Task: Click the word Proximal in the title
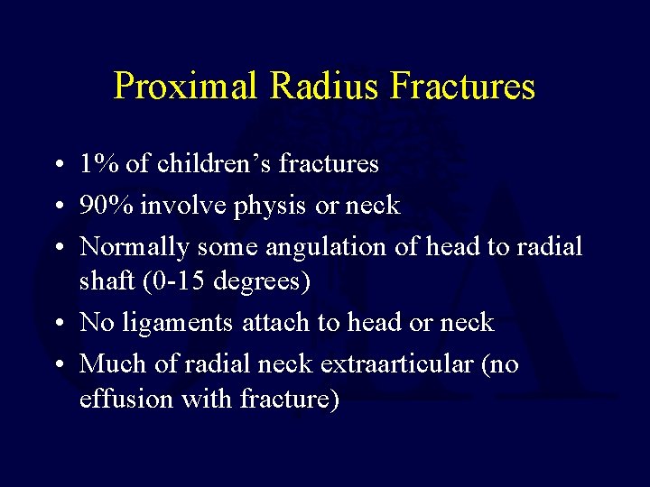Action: pyautogui.click(x=186, y=87)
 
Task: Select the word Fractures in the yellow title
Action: pyautogui.click(x=464, y=87)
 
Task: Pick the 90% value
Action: pyautogui.click(x=104, y=206)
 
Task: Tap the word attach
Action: pyautogui.click(x=274, y=322)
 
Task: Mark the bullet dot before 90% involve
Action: pyautogui.click(x=57, y=207)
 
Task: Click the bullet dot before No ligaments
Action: pyautogui.click(x=57, y=323)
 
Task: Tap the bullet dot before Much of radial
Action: pyautogui.click(x=57, y=364)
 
